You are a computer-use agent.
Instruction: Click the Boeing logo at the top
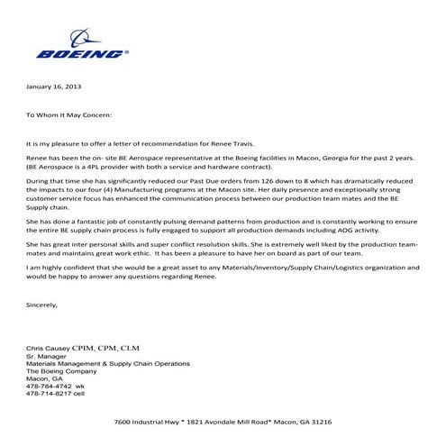click(81, 46)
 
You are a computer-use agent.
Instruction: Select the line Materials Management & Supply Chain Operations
click(108, 363)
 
